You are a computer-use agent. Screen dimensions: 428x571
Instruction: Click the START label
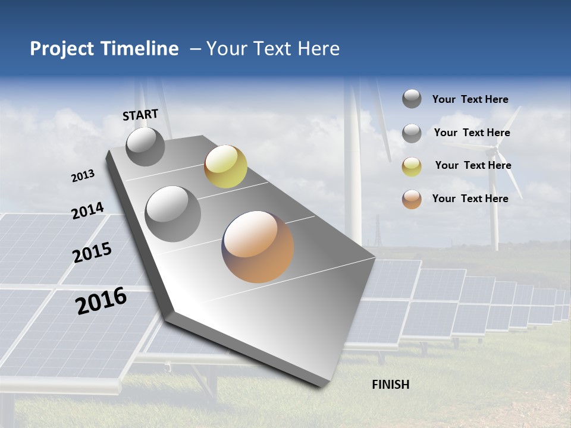pos(140,115)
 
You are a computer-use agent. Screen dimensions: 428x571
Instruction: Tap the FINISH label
pos(390,385)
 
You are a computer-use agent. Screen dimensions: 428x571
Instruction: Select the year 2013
pos(83,176)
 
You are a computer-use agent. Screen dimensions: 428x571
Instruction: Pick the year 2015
pos(92,253)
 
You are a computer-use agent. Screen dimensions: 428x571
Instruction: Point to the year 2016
pos(101,301)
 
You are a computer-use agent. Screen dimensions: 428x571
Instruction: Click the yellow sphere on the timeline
pos(225,166)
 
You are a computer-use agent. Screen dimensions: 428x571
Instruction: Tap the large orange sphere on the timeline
pos(258,247)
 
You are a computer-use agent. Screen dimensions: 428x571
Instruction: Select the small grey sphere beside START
pos(145,146)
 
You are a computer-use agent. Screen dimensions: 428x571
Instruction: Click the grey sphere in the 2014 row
pos(173,213)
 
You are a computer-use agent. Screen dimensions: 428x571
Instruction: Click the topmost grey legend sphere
pos(412,99)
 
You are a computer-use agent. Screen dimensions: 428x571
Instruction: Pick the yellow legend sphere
pos(412,166)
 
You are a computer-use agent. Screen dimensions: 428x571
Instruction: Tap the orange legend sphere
pos(412,199)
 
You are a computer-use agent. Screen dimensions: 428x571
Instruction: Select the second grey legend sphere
pos(412,133)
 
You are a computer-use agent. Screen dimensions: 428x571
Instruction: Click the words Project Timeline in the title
pos(104,49)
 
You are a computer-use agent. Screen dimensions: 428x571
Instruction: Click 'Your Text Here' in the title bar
pos(273,49)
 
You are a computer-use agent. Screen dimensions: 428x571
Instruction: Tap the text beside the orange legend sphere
pos(470,199)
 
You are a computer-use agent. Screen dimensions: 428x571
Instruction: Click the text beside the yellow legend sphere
pos(473,165)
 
